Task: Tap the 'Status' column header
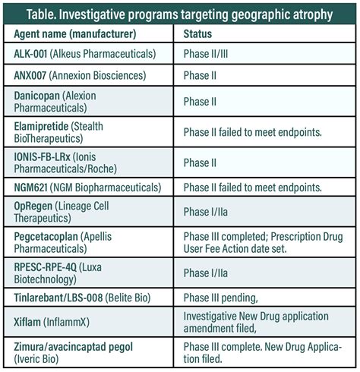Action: click(x=197, y=35)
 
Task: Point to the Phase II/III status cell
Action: click(x=209, y=55)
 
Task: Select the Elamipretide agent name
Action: click(x=43, y=125)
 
